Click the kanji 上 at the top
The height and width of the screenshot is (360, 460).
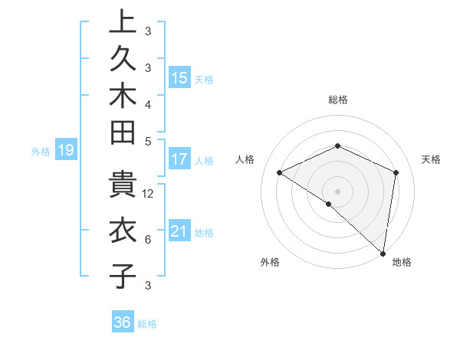pos(122,23)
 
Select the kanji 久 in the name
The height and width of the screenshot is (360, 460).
pos(122,62)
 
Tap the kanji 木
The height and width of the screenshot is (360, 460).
pos(122,100)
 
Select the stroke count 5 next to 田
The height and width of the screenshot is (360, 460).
pos(147,141)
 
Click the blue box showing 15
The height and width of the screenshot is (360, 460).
pos(179,77)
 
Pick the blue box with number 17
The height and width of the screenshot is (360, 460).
pos(179,159)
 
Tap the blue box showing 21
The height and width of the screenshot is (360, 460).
pos(179,231)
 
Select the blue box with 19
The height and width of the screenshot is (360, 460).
pos(65,150)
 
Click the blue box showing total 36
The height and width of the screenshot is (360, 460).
pos(123,322)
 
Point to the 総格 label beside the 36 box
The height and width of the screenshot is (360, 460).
pos(147,324)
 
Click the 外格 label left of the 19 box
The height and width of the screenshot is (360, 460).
pos(41,152)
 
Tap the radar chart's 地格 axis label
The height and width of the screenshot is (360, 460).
pos(402,262)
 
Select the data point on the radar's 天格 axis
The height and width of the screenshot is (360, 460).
pos(396,172)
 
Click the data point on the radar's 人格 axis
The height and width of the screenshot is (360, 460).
pos(280,172)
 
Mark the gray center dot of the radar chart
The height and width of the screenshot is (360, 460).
pos(337,190)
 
